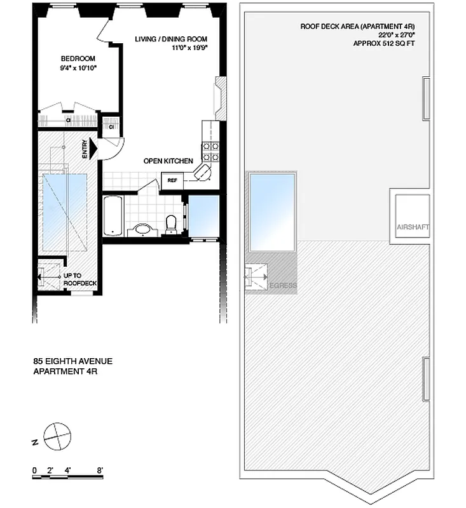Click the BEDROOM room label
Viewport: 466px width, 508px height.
78,59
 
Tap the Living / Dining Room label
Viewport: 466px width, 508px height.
171,39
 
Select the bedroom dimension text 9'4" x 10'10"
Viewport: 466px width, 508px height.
78,68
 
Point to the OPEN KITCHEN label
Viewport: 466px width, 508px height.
168,161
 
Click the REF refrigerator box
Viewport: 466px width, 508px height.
172,180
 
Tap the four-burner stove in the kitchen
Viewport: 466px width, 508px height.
210,150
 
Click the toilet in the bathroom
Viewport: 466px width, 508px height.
170,224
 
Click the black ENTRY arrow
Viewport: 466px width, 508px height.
93,149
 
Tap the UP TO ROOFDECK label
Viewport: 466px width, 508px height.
78,280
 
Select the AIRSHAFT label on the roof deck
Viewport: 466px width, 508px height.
413,227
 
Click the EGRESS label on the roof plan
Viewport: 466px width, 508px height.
283,286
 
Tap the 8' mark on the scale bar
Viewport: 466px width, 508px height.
100,471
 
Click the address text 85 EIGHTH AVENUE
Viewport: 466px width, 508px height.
73,361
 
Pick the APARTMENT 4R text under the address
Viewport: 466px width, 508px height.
65,371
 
